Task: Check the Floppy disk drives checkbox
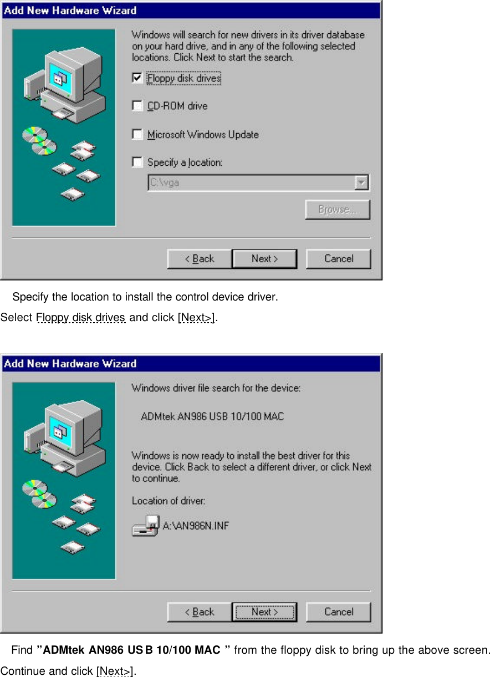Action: click(x=137, y=78)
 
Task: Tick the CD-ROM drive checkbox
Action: click(x=137, y=106)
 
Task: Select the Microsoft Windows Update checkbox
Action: click(x=137, y=134)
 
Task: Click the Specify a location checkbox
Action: click(x=137, y=162)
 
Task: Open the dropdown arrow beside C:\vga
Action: click(x=361, y=182)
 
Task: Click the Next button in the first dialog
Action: click(x=264, y=259)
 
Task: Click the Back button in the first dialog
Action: click(x=200, y=259)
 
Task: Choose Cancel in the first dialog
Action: click(x=338, y=259)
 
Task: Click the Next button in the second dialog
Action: click(x=264, y=612)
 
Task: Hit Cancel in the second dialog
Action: click(x=338, y=612)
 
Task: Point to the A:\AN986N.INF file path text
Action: click(x=196, y=525)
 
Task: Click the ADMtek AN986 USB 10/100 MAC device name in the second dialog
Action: click(x=212, y=416)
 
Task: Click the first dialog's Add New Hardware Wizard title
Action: click(x=70, y=10)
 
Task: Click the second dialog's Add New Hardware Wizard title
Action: click(x=70, y=364)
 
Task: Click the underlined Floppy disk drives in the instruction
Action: click(x=81, y=318)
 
